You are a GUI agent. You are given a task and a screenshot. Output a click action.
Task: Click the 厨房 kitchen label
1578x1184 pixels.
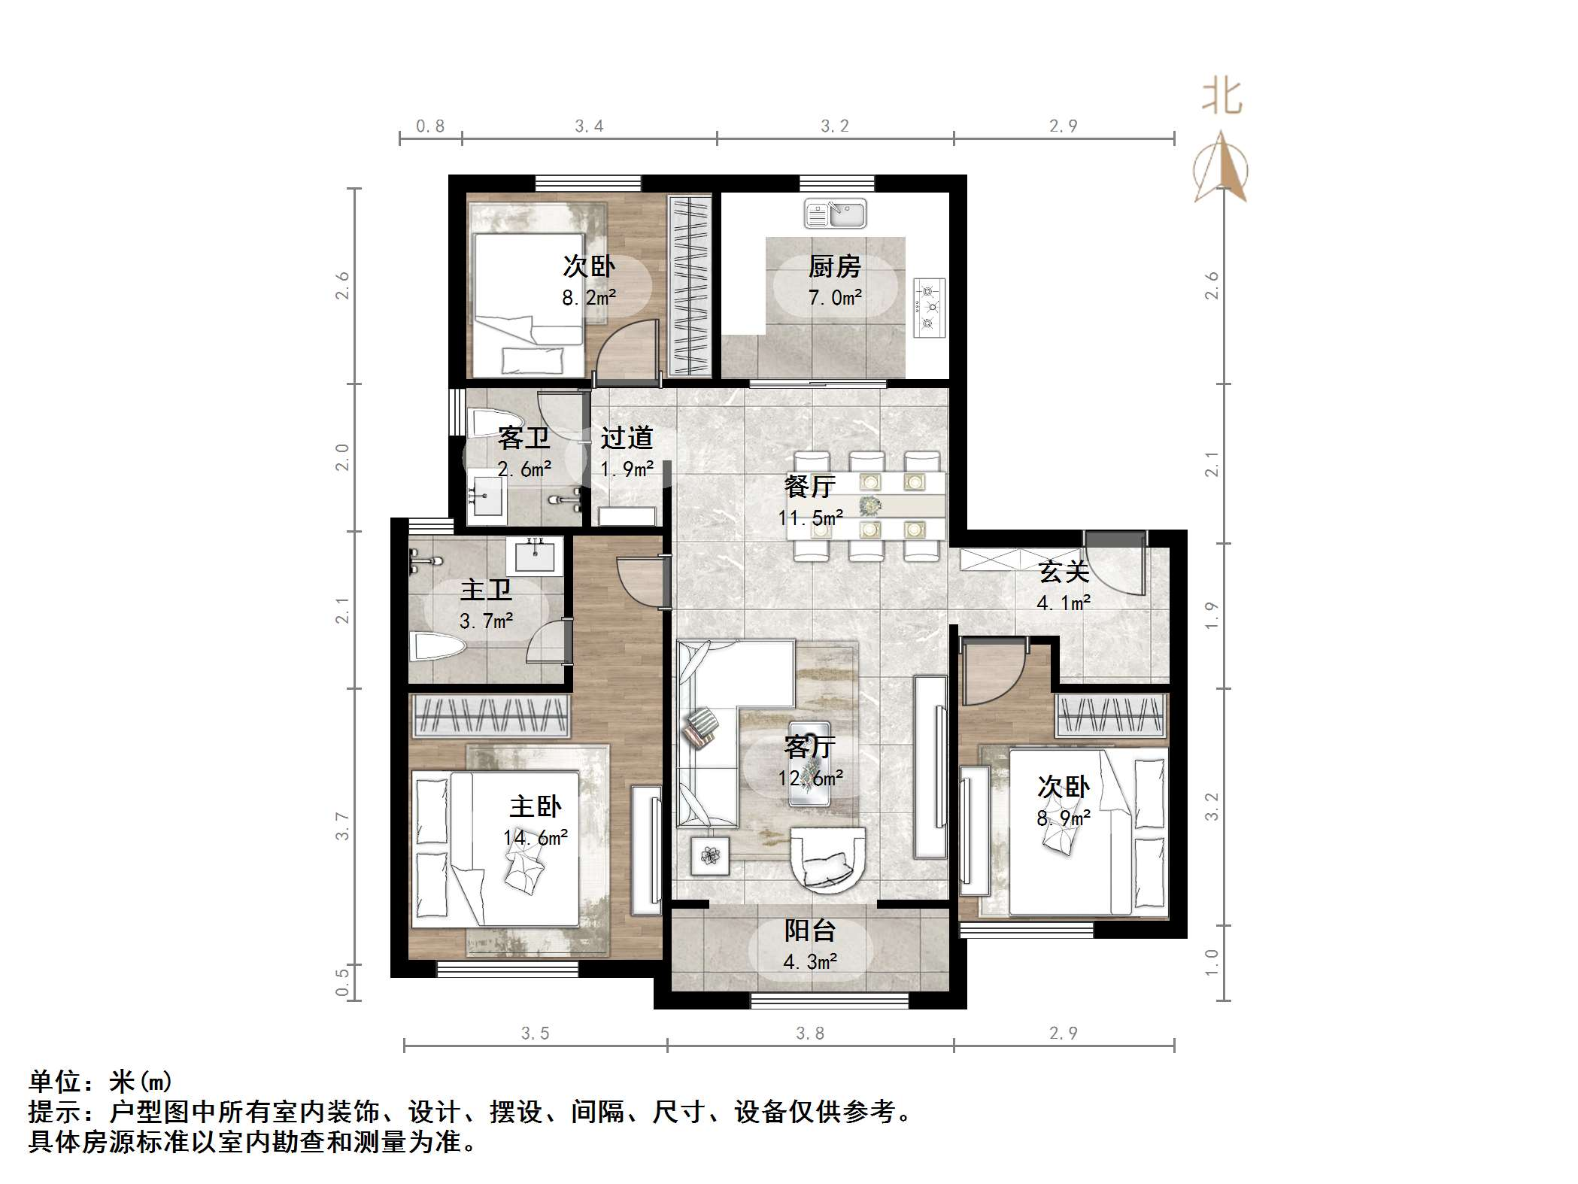pos(834,266)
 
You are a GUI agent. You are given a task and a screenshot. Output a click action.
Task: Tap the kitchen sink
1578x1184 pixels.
pos(835,214)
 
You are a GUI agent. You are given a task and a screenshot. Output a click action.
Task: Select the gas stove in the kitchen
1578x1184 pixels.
pos(930,307)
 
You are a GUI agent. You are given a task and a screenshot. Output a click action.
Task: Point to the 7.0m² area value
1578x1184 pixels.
pos(835,298)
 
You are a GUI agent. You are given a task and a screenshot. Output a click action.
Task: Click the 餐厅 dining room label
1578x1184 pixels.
pos(809,487)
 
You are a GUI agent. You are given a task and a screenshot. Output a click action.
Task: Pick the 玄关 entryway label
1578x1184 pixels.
pos(1064,572)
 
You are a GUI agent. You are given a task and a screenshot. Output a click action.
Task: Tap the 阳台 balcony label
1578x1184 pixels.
pos(810,931)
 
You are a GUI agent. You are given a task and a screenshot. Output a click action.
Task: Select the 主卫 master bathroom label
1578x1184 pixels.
pos(486,590)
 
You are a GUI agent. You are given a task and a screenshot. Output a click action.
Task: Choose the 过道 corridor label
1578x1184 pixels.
pos(627,438)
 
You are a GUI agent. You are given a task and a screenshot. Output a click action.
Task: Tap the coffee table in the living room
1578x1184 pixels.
pos(810,764)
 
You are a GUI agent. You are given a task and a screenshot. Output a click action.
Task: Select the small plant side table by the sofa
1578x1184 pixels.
pos(710,855)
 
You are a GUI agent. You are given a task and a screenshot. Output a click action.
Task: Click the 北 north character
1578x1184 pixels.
pos(1221,99)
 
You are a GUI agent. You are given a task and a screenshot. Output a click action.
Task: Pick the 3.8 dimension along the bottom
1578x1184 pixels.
pos(810,1034)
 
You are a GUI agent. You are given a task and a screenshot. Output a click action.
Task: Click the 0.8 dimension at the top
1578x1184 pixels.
pos(430,126)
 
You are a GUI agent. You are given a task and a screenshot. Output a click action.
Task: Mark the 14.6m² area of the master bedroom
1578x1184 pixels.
pos(536,837)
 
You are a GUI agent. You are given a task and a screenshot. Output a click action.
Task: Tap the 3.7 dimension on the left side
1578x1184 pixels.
pos(342,825)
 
